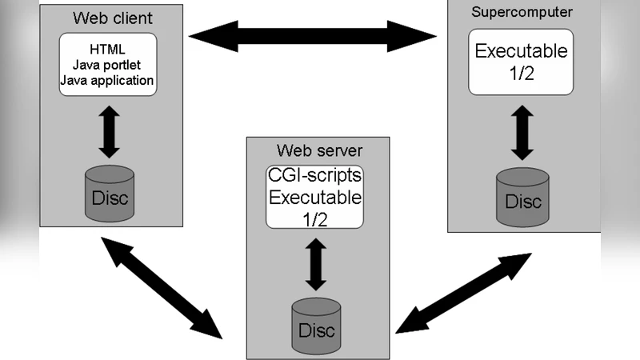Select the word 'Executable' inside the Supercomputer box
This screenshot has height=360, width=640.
tap(522, 51)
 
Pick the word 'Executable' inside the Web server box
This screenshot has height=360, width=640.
tap(314, 197)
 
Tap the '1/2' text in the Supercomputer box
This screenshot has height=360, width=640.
tap(522, 74)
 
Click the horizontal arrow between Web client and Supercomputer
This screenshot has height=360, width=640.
tap(313, 35)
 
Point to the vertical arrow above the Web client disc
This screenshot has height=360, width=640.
tap(109, 130)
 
